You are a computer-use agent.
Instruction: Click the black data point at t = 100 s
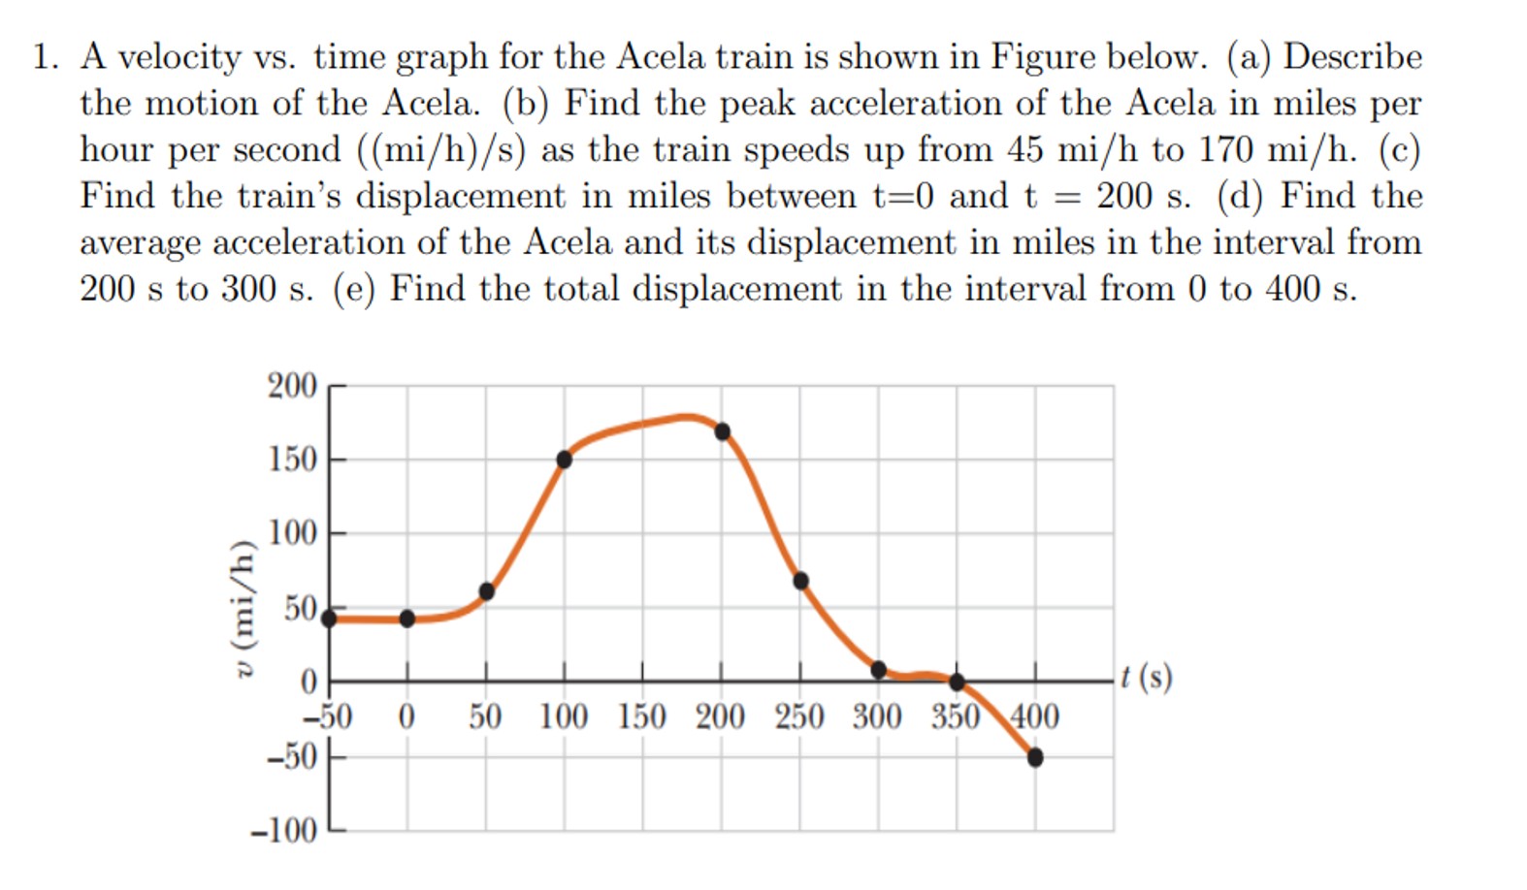564,460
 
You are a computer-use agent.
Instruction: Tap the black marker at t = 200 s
722,431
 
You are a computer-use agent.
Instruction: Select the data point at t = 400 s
1035,757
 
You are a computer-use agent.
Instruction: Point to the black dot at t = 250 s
800,581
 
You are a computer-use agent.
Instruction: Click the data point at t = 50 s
487,591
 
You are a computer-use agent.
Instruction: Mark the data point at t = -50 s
329,618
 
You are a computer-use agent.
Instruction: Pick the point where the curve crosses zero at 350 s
957,682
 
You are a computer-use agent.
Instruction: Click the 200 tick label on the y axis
292,386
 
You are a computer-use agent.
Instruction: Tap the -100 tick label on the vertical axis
283,831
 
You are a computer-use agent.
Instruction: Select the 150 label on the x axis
641,717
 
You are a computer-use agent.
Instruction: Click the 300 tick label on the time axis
877,717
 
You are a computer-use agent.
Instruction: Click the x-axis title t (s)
1146,676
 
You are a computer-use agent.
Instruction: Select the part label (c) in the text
1398,149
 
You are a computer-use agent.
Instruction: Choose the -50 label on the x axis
327,717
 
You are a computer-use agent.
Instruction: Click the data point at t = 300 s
879,669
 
